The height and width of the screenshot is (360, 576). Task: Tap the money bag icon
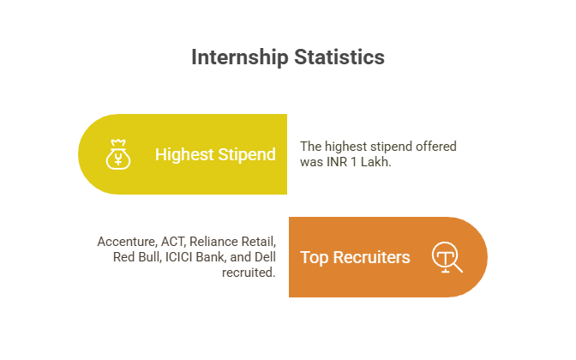coord(117,154)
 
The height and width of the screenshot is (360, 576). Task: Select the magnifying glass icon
coord(447,257)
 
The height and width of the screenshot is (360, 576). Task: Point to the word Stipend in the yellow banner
coord(247,154)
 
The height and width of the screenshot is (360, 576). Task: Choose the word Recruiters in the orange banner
coord(371,257)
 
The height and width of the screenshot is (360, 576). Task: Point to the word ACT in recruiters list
coord(176,242)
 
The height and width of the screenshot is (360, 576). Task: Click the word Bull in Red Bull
coord(149,257)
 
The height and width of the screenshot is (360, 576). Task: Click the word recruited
coord(249,273)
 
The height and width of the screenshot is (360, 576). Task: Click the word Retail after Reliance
coord(260,242)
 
